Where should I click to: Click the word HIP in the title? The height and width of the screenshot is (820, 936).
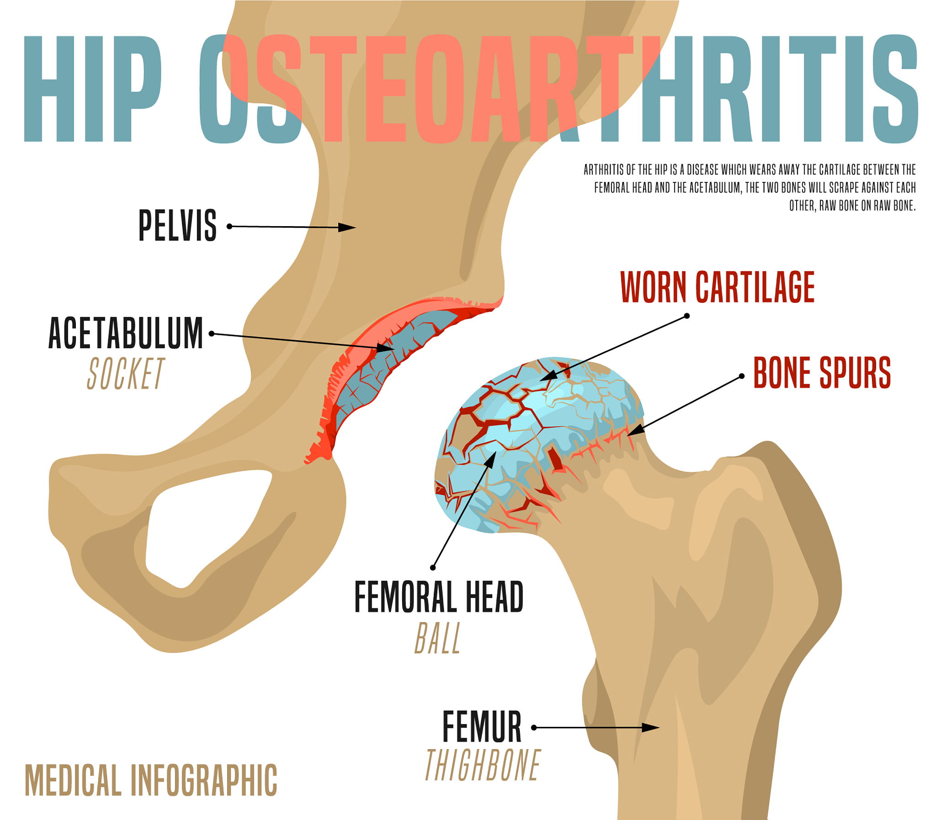tap(92, 88)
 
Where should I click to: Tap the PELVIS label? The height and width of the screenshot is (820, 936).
tap(178, 225)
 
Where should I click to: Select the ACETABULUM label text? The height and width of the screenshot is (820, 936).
tap(125, 333)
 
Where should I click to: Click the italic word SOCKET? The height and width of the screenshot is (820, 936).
tap(125, 373)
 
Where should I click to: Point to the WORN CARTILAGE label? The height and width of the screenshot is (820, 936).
tap(717, 287)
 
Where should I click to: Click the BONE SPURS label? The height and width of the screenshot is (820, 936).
tap(822, 373)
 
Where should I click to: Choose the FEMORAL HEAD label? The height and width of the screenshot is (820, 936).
tap(438, 596)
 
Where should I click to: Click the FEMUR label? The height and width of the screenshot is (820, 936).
tap(482, 727)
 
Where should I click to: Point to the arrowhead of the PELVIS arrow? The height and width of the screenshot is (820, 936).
tap(347, 227)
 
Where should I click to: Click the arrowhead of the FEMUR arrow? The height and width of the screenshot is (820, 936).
tap(650, 728)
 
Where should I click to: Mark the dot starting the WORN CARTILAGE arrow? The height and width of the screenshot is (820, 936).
tap(686, 316)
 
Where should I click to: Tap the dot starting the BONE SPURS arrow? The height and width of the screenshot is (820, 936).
tap(742, 376)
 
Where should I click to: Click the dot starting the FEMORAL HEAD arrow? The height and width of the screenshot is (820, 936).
tap(432, 568)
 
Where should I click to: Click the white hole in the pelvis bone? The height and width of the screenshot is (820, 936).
tap(202, 522)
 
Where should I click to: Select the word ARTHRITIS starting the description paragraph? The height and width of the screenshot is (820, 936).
tap(604, 170)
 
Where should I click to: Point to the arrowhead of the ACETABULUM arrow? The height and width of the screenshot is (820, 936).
tap(385, 348)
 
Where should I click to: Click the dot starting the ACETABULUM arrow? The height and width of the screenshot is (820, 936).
tap(212, 333)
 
